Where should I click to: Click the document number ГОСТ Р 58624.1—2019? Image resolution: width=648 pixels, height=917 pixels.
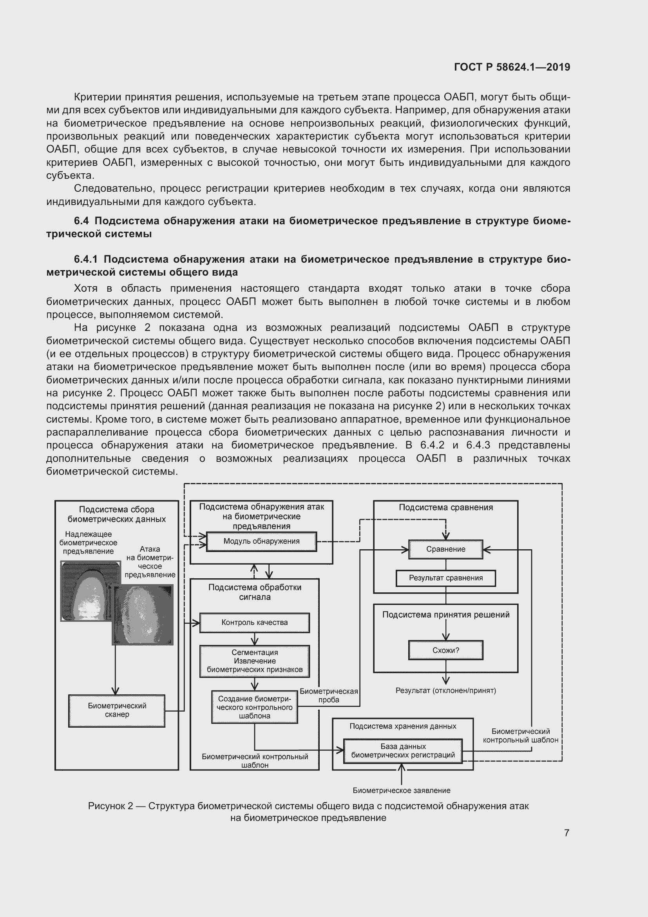point(512,67)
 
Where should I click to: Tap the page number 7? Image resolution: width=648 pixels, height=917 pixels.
point(567,833)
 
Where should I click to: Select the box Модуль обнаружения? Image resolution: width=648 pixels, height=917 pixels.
point(261,541)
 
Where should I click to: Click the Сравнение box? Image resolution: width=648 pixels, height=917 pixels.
point(446,549)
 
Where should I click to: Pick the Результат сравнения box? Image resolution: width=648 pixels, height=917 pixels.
point(446,578)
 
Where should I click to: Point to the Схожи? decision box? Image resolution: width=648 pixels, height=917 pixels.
point(446,650)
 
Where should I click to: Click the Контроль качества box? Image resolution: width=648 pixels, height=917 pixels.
point(255,622)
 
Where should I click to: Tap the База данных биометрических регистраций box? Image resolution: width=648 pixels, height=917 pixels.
point(403,751)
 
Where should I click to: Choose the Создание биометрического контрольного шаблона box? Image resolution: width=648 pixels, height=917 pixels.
point(255,707)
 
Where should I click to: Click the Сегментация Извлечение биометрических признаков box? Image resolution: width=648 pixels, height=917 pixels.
point(255,661)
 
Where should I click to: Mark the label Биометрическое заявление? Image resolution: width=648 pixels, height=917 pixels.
point(402,790)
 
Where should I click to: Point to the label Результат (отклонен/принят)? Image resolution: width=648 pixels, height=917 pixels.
point(446,690)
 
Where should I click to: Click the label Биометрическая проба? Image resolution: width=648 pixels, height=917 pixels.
point(329,695)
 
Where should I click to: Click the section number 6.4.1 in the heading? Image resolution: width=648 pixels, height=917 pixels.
point(86,260)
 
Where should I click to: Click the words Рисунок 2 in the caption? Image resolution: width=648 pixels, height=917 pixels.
point(110,806)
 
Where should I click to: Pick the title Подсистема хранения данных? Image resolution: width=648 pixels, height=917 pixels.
point(403,726)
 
